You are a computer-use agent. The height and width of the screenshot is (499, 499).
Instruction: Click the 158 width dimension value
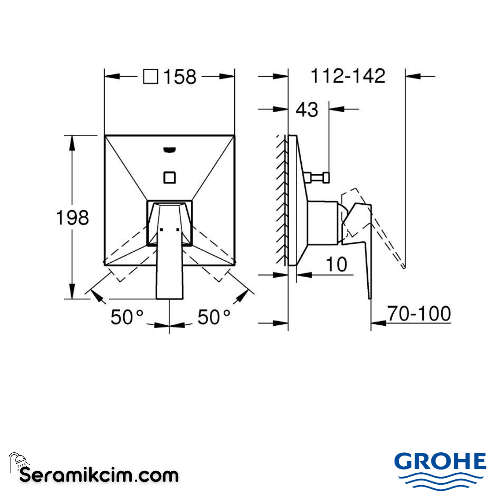click(178, 77)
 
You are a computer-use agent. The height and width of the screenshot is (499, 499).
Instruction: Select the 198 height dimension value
click(72, 217)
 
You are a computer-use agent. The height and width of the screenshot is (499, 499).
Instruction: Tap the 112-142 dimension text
click(347, 76)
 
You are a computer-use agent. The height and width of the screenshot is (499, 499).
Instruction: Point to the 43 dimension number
click(307, 110)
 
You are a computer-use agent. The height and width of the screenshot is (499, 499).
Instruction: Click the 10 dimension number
click(336, 265)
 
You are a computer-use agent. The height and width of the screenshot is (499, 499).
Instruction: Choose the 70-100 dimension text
click(419, 314)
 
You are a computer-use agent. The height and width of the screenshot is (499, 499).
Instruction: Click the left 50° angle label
click(127, 317)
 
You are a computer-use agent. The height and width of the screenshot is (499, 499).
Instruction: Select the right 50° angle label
click(214, 317)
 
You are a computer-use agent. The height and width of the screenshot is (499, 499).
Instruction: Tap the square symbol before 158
click(151, 76)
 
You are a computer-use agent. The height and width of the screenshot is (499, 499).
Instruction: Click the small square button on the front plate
click(170, 177)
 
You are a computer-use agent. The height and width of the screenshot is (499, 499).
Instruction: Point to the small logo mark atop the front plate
click(170, 149)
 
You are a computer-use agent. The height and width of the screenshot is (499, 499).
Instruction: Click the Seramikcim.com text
click(99, 475)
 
